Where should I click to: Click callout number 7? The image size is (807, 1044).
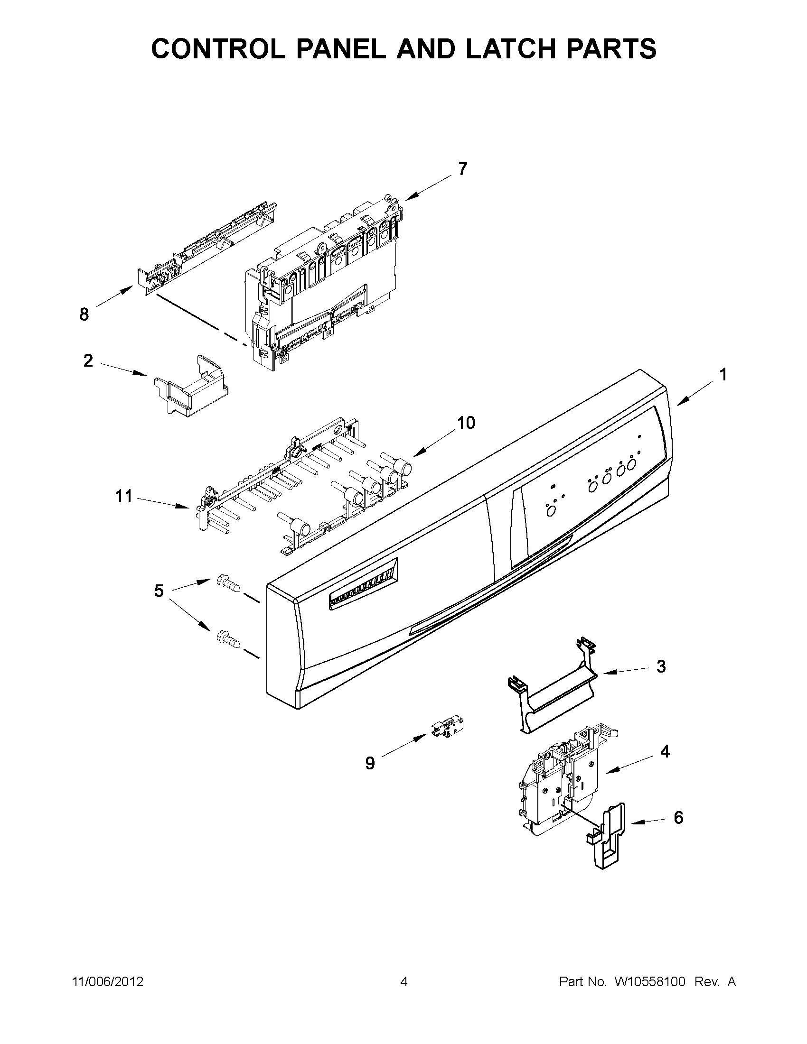[x=462, y=169]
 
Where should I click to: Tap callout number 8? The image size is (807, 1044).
[x=84, y=314]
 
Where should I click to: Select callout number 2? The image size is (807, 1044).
[x=88, y=360]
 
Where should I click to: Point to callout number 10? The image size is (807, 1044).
[x=466, y=423]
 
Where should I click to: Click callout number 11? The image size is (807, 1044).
[x=124, y=496]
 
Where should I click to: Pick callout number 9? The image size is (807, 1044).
[x=370, y=763]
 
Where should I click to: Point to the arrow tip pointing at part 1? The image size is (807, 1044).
[x=677, y=406]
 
